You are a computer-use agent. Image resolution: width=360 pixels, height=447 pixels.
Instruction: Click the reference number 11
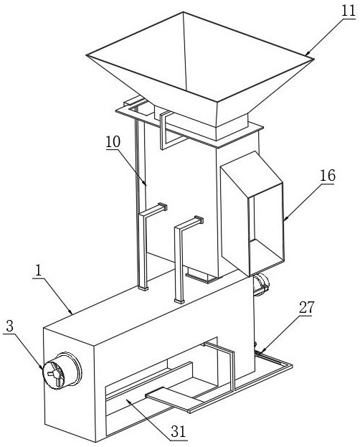[349, 11]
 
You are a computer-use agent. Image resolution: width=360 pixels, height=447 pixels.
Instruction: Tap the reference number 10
[113, 141]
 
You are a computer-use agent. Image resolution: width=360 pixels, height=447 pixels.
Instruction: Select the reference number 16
[328, 175]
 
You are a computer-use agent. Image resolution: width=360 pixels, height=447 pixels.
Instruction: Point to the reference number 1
[38, 270]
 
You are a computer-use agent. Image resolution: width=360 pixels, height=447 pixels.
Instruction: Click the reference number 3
[10, 326]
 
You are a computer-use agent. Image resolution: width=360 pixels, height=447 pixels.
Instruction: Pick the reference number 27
[306, 307]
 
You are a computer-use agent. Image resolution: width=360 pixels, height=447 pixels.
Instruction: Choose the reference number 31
[179, 432]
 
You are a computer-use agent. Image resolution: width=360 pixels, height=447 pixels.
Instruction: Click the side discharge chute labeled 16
[252, 214]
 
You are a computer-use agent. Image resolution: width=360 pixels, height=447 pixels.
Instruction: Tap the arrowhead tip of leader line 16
[284, 220]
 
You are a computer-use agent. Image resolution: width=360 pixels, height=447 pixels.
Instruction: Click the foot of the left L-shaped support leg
[143, 288]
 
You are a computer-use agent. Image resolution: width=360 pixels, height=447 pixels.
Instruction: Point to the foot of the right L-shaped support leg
[179, 301]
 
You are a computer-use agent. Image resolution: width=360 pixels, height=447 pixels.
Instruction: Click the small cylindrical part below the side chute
[261, 284]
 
